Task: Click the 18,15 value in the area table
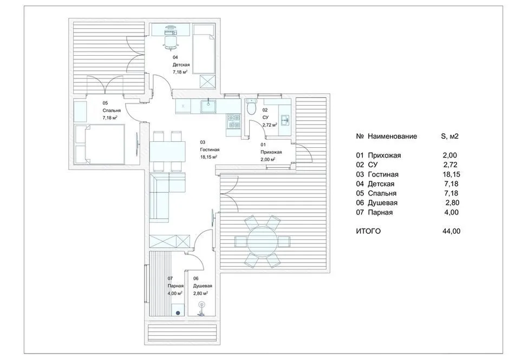point(451,174)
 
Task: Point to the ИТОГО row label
point(369,231)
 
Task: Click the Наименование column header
point(393,136)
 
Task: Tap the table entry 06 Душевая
point(379,202)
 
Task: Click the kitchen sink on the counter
point(207,106)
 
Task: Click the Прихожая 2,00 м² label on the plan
point(267,153)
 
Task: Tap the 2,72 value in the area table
point(451,165)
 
